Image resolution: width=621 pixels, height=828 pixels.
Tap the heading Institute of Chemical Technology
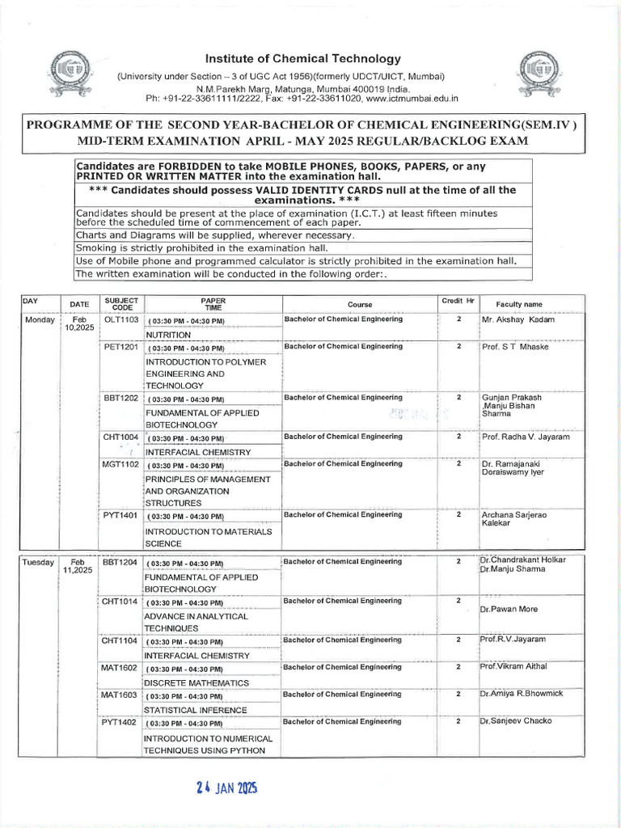point(303,58)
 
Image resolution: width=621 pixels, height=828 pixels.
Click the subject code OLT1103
point(122,320)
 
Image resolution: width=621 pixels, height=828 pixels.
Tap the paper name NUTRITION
point(168,335)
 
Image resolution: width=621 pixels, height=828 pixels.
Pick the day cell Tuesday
point(38,561)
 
